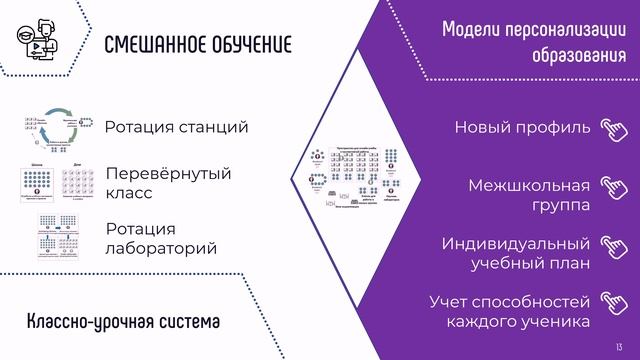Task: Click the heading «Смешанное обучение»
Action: click(x=198, y=46)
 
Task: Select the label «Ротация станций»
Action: click(x=176, y=127)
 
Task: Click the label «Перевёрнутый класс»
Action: click(x=168, y=183)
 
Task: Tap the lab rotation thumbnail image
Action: click(x=59, y=235)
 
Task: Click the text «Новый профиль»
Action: click(x=522, y=127)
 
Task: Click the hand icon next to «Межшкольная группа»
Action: click(x=612, y=187)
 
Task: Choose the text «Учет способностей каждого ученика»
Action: click(x=509, y=311)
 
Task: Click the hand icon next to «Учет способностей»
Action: click(x=612, y=301)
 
